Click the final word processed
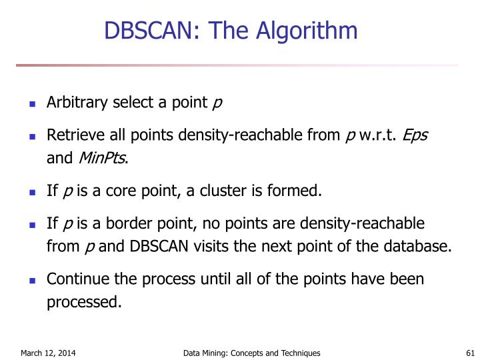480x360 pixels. pos(84,303)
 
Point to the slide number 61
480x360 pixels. pos(469,353)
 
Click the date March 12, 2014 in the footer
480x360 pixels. pos(48,353)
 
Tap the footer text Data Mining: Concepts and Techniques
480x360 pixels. pos(252,353)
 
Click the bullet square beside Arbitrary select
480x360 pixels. pos(31,105)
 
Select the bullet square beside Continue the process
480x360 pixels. pos(31,280)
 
